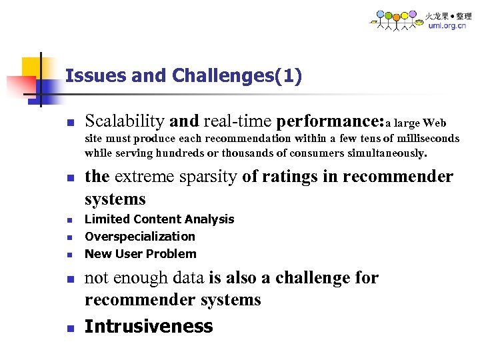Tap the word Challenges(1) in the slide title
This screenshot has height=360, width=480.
pyautogui.click(x=237, y=76)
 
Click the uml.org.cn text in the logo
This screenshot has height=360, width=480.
pyautogui.click(x=447, y=26)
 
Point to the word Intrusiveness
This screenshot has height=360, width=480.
pyautogui.click(x=149, y=326)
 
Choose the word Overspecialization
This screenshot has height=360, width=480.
pyautogui.click(x=140, y=237)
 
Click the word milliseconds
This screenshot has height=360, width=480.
pyautogui.click(x=427, y=139)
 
